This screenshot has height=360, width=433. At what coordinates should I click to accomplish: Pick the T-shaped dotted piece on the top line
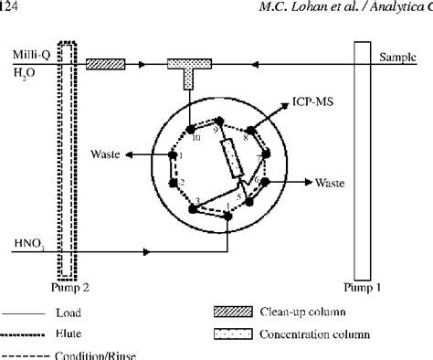tap(190, 69)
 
